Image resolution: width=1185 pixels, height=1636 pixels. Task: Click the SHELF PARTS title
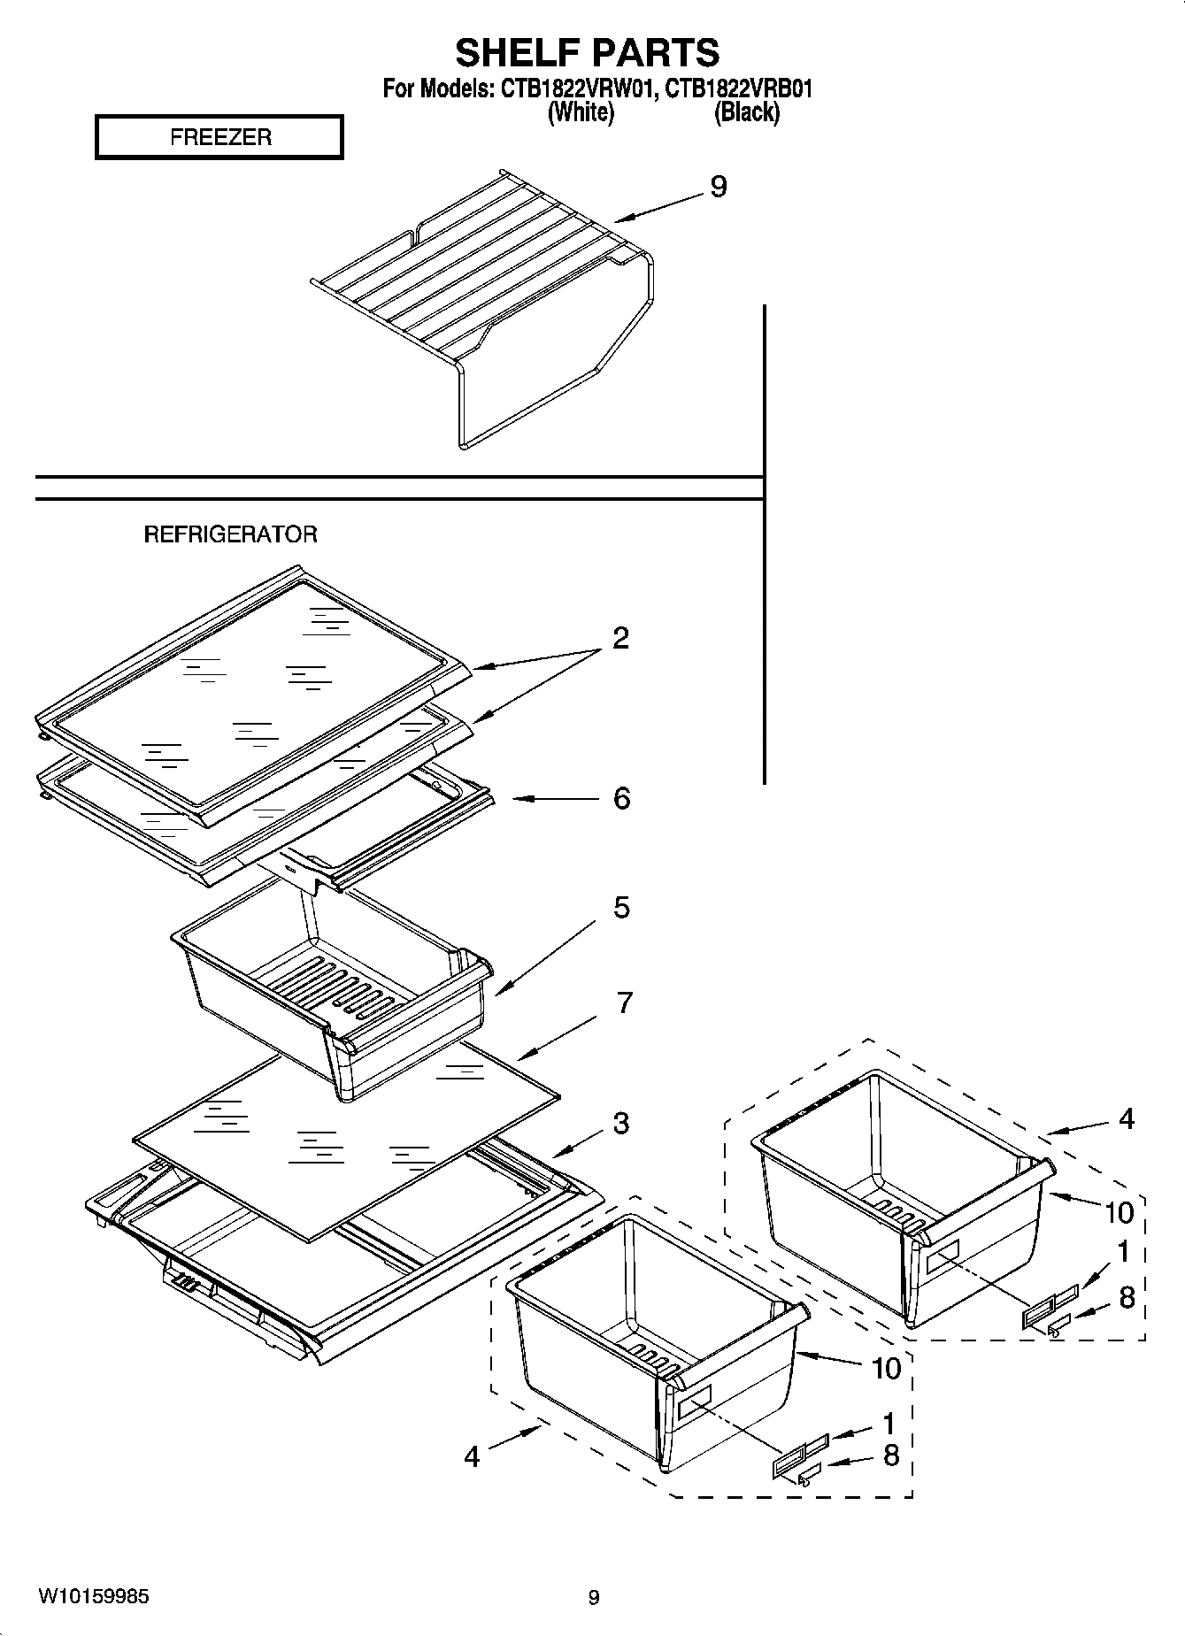(x=587, y=53)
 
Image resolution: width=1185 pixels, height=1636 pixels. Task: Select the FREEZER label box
(x=219, y=138)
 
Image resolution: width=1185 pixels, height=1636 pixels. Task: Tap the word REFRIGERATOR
(x=230, y=534)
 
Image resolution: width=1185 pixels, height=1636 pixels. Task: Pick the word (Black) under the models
(x=746, y=112)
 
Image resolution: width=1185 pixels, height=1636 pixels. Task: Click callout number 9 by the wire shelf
(x=718, y=187)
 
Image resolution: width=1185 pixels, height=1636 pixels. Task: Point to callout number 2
(x=620, y=637)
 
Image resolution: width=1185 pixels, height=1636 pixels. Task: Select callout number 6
(x=621, y=798)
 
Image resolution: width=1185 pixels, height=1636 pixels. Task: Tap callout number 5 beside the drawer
(x=621, y=907)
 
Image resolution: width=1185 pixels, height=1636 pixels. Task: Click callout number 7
(x=624, y=1002)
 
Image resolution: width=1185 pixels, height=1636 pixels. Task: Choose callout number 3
(x=620, y=1123)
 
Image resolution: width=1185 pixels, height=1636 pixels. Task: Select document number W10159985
(x=94, y=1597)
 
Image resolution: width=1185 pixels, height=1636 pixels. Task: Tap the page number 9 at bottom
(x=594, y=1598)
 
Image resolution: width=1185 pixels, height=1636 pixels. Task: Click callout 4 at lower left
(x=472, y=1456)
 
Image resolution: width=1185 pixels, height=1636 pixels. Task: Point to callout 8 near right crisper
(x=1127, y=1298)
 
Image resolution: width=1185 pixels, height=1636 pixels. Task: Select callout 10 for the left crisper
(x=886, y=1369)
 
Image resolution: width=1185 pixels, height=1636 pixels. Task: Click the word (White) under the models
(x=581, y=112)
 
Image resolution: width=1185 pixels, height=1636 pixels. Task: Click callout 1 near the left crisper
(x=888, y=1424)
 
